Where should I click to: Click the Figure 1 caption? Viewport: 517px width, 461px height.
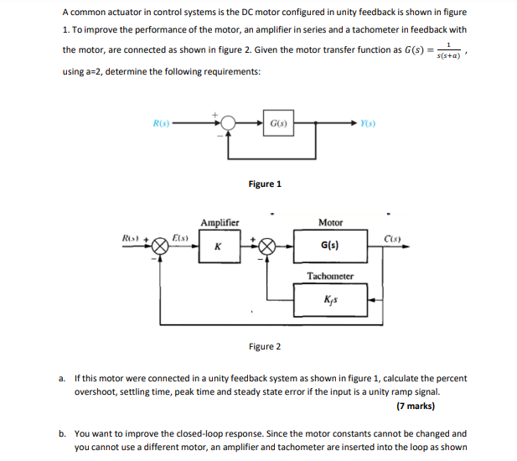265,184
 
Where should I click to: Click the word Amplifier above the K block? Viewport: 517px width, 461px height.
220,223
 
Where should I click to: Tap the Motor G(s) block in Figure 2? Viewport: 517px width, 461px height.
330,247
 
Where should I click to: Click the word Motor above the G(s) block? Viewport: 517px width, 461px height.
330,223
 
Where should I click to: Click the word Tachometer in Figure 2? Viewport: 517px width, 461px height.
330,276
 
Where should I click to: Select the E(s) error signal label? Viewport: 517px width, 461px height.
180,238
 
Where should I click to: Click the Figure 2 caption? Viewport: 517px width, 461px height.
265,346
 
